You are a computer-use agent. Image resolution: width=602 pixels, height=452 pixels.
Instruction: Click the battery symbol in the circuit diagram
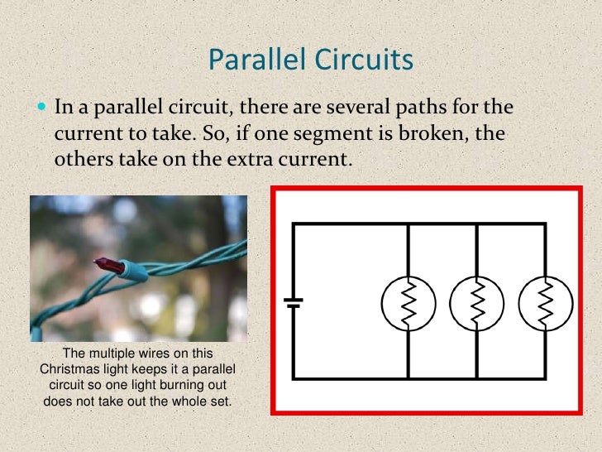[x=293, y=303]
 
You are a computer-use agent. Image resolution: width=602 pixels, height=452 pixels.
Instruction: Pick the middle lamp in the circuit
[x=478, y=303]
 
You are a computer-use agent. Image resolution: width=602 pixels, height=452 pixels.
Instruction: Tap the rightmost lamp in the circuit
[x=546, y=303]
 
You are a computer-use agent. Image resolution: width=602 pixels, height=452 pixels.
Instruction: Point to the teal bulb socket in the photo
[x=133, y=267]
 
